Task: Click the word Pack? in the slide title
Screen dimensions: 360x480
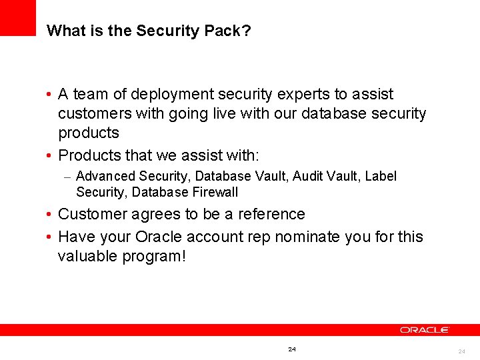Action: [x=231, y=31]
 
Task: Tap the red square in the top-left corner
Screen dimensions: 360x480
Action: [x=17, y=17]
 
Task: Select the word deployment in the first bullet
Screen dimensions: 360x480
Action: [x=169, y=95]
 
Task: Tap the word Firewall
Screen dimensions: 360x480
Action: [x=215, y=192]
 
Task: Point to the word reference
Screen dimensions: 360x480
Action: [x=272, y=214]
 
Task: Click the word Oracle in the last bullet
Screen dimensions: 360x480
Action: [x=159, y=237]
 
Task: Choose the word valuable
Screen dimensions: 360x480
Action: [x=87, y=256]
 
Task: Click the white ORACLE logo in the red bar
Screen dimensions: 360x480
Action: [x=425, y=330]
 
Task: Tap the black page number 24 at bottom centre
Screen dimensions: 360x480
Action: [x=292, y=349]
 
